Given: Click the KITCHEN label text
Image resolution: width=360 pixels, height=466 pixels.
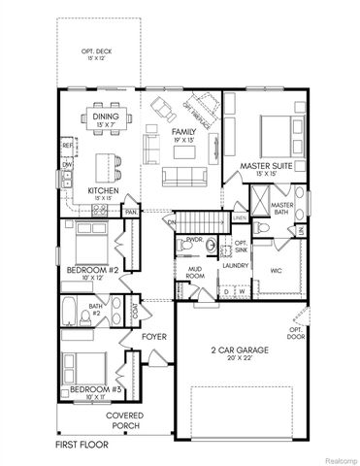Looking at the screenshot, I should [104, 190].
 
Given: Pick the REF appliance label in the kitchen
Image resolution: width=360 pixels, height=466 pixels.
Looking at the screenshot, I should [67, 146].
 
